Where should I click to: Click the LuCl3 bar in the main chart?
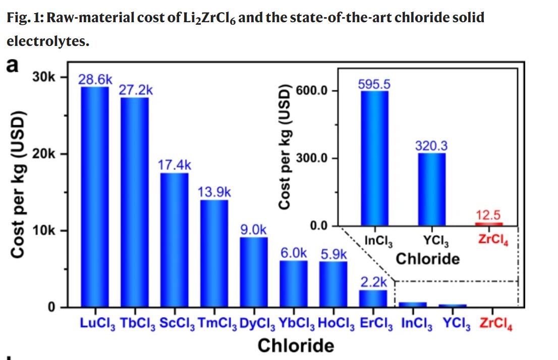[x=95, y=197]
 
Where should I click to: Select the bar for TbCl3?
[x=134, y=202]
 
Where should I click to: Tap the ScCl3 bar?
[x=174, y=240]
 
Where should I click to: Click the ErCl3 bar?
[x=373, y=298]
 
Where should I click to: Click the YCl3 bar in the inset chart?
[x=431, y=189]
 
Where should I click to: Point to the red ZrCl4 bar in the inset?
[x=488, y=224]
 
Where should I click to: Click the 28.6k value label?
[x=96, y=80]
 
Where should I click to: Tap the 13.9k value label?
[x=214, y=192]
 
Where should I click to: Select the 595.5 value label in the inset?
[x=374, y=83]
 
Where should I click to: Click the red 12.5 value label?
[x=488, y=216]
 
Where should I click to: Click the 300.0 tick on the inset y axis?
[x=311, y=158]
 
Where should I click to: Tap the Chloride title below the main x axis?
[x=296, y=345]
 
